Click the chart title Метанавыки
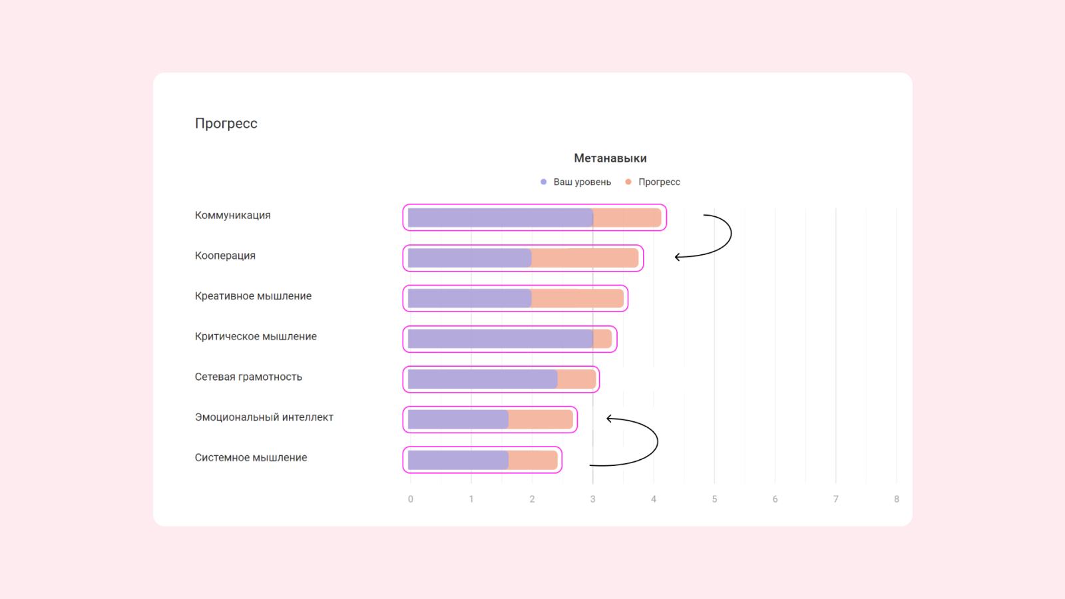(610, 158)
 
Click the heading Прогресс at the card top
(226, 123)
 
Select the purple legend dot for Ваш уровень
(544, 182)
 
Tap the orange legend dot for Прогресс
(628, 182)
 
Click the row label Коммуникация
(232, 215)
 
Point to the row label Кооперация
(225, 256)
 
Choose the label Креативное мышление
(253, 296)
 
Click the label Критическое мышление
(256, 336)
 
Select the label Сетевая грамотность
(248, 377)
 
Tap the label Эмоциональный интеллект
(264, 417)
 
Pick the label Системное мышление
(251, 458)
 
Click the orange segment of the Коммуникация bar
(627, 218)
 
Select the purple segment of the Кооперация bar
(469, 258)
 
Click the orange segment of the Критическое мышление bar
(602, 339)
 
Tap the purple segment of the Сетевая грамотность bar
(483, 379)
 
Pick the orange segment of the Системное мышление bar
(533, 460)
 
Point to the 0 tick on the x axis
(411, 499)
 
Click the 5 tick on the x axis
(714, 499)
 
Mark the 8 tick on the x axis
(897, 499)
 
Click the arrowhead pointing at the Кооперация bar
(677, 257)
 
